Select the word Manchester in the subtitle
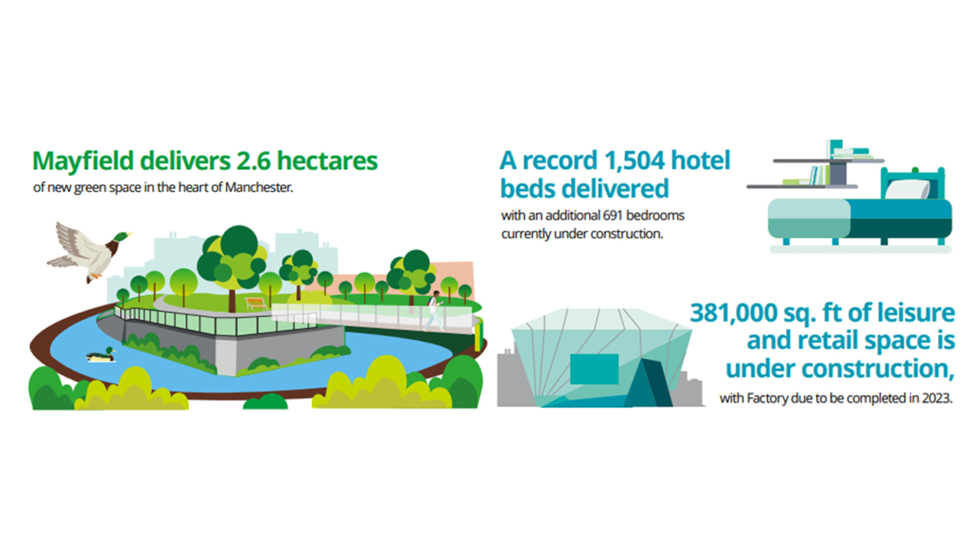[259, 187]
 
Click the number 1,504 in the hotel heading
[635, 161]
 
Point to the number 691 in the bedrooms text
[613, 215]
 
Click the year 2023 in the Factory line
[937, 399]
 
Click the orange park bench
[256, 304]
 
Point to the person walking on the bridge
[434, 311]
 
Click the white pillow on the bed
[906, 190]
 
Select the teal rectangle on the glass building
[594, 369]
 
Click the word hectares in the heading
[327, 161]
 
